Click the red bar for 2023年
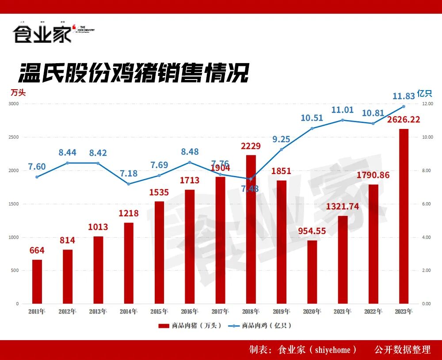pos(404,216)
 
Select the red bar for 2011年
pos(37,282)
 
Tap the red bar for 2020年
pos(312,272)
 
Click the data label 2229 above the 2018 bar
pos(251,146)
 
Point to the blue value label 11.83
pos(404,96)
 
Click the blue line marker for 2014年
pos(129,184)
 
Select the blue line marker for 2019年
pos(282,149)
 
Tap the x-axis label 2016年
pos(190,311)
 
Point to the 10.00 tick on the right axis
pos(427,137)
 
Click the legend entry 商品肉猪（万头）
pos(190,326)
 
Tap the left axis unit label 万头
pos(19,93)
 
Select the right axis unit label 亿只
pos(424,93)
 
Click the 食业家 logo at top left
pos(42,34)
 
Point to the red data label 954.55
pos(312,231)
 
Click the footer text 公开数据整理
pos(402,350)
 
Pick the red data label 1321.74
pos(343,206)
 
